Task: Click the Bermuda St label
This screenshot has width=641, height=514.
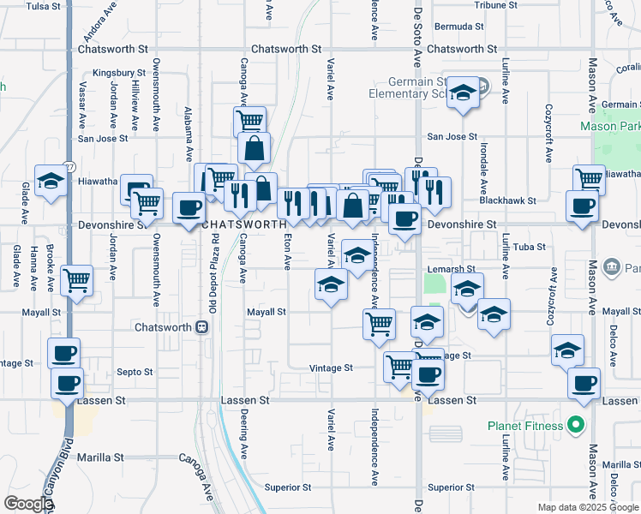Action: click(x=460, y=27)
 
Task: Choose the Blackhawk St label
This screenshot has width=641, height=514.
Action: click(x=508, y=200)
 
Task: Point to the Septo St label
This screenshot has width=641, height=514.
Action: click(x=135, y=373)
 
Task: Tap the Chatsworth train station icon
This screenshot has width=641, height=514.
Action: click(x=201, y=327)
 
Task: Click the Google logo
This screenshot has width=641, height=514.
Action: click(x=28, y=504)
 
